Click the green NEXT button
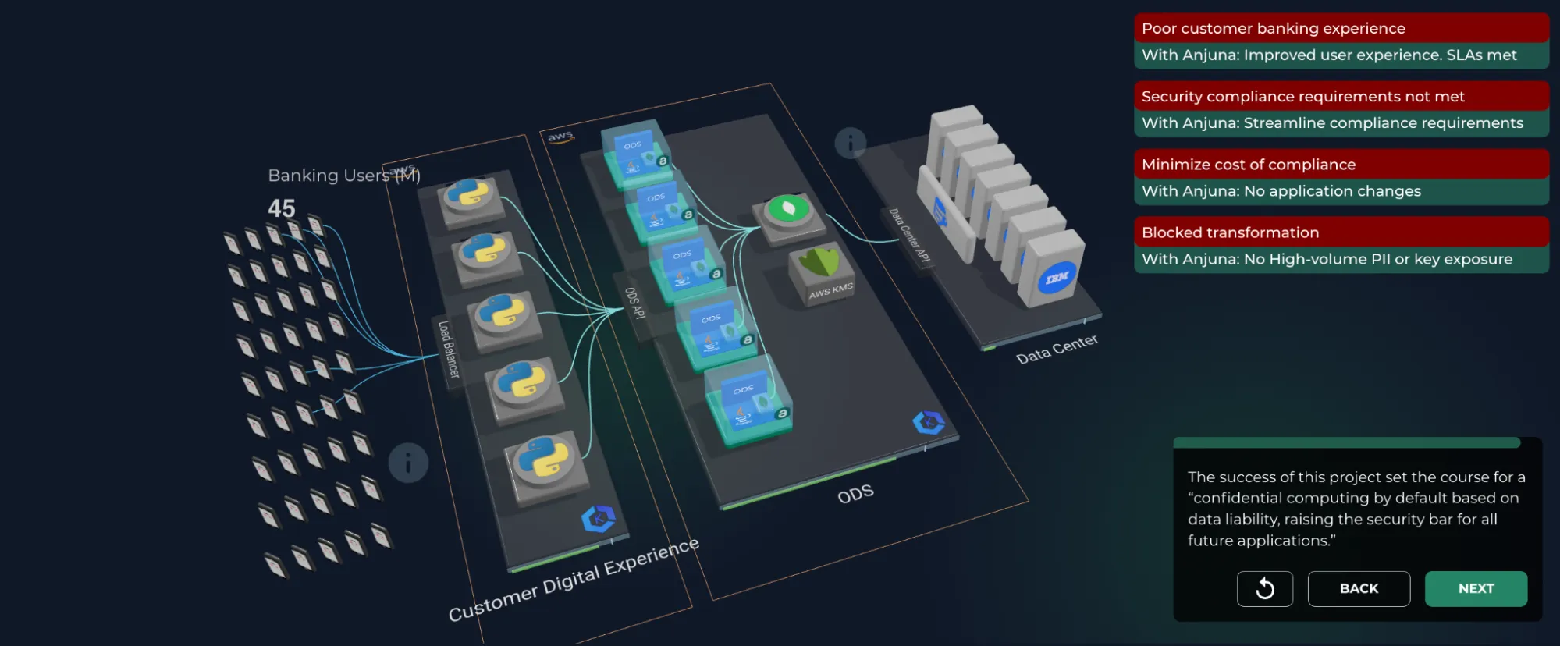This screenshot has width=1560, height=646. [1475, 589]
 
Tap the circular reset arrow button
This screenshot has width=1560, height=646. [1264, 589]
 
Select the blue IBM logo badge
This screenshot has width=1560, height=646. [1057, 279]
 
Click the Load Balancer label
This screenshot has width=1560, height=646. [448, 349]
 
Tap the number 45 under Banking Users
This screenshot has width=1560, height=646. [281, 208]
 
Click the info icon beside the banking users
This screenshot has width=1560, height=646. [408, 463]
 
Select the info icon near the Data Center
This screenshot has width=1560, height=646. [850, 143]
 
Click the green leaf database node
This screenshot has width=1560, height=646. [788, 211]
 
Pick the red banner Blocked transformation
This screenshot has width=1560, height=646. [1340, 232]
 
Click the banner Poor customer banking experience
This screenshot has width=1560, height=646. [1340, 29]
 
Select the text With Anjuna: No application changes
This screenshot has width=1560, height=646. [1281, 191]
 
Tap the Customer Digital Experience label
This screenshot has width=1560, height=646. [573, 580]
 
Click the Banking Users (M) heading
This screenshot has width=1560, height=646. [343, 176]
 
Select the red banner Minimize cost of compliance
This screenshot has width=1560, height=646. [1340, 165]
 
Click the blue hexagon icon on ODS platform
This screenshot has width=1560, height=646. [928, 423]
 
